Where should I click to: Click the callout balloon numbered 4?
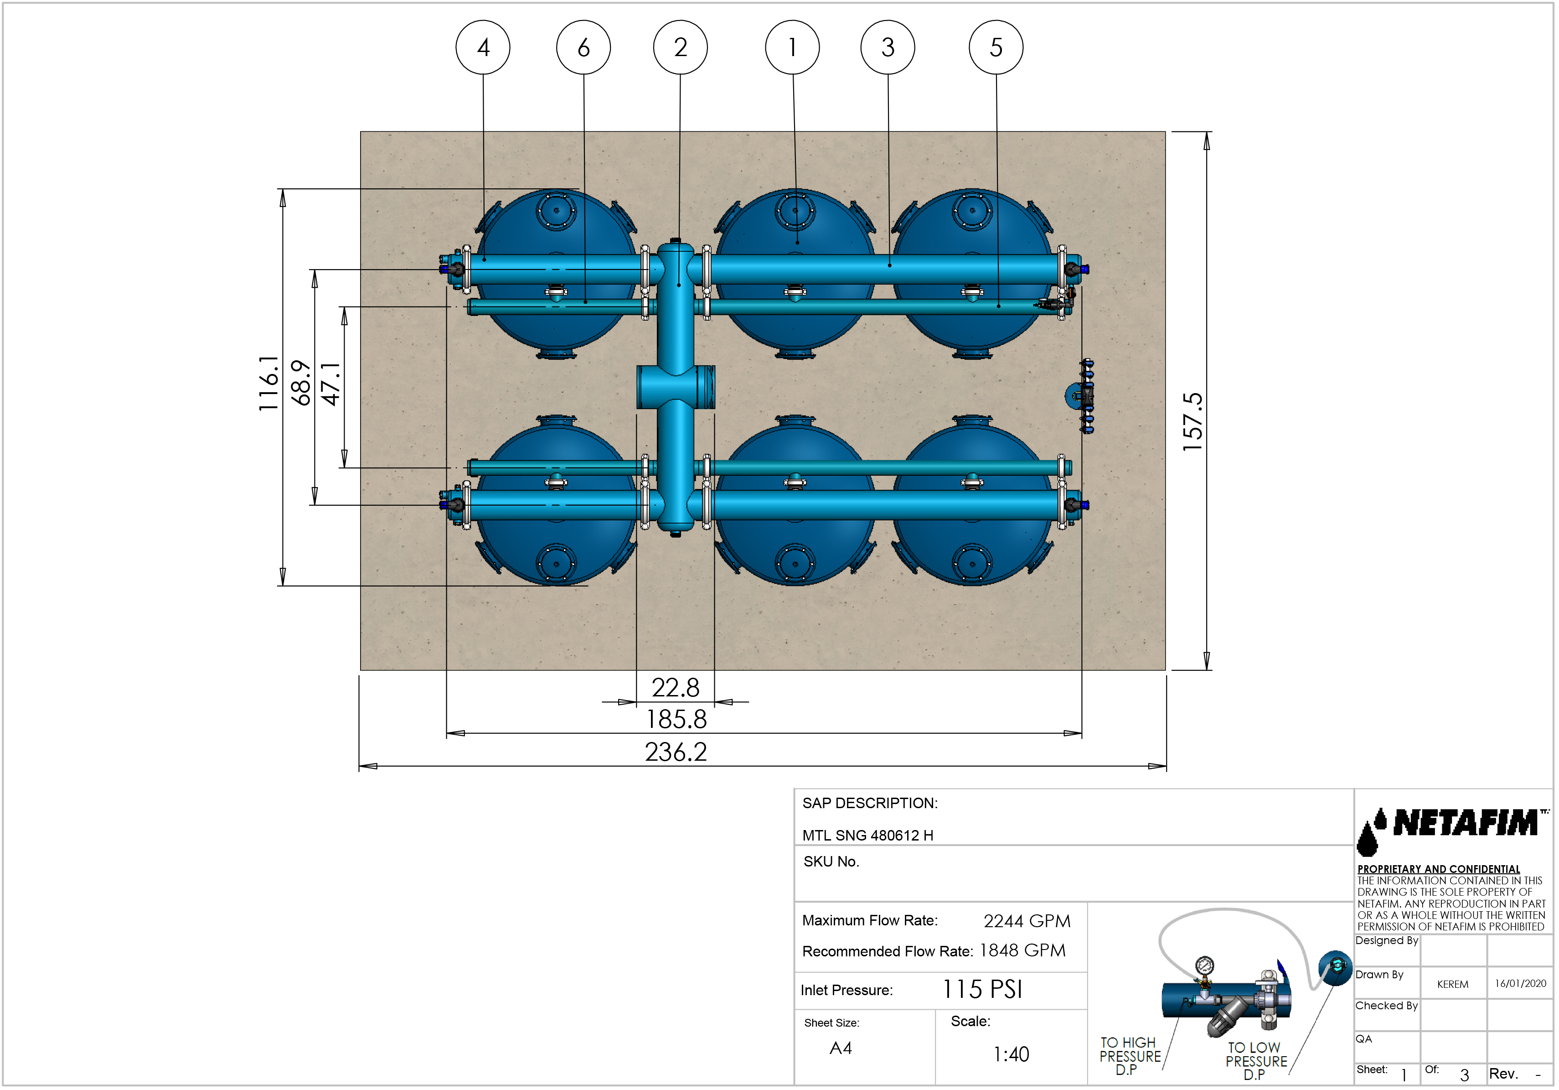pos(483,47)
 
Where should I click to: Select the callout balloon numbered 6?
pos(583,47)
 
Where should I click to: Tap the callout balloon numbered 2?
pos(681,47)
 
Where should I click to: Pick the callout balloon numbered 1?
pos(792,47)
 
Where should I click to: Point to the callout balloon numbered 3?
pos(888,47)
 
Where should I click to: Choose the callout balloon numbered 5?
pos(996,47)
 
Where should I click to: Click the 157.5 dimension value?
pos(1192,422)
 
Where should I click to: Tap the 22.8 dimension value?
pos(675,687)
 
